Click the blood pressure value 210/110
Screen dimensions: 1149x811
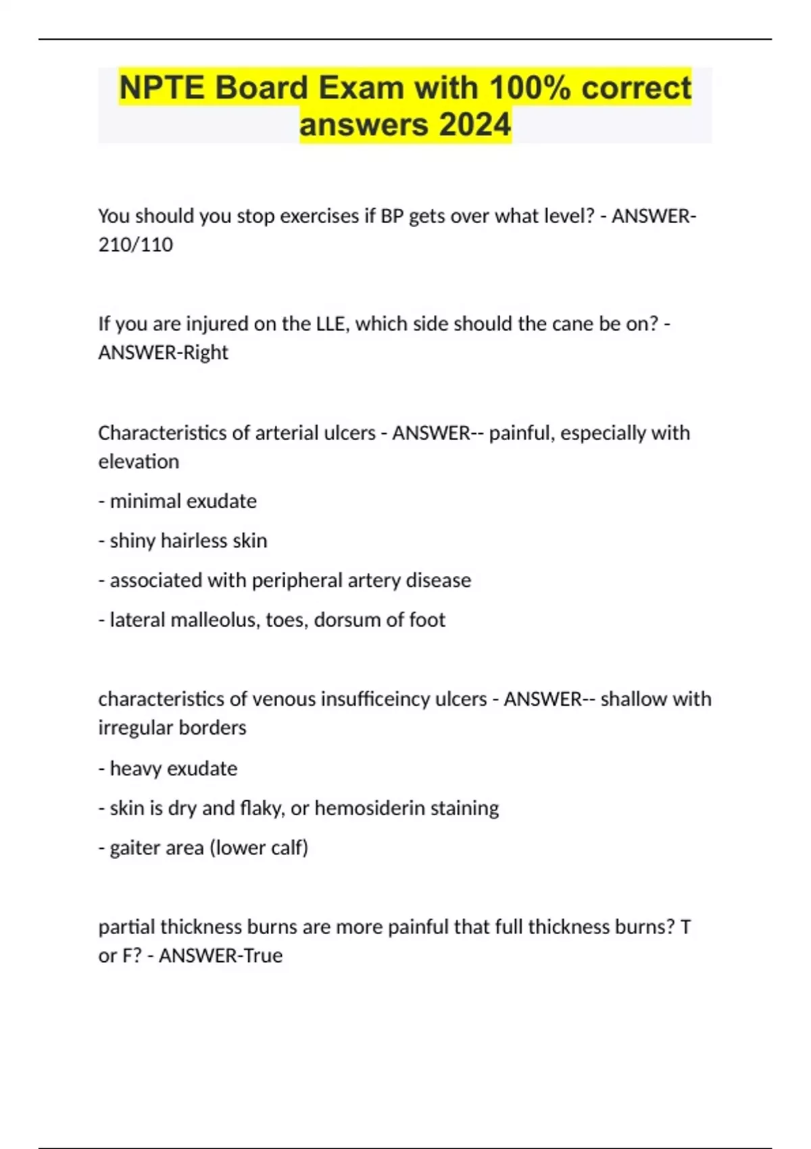(136, 245)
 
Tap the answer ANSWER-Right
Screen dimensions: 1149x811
(164, 353)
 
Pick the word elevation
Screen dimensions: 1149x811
(139, 462)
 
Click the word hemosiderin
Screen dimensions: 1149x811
(369, 808)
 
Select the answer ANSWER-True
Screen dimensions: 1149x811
(220, 956)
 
